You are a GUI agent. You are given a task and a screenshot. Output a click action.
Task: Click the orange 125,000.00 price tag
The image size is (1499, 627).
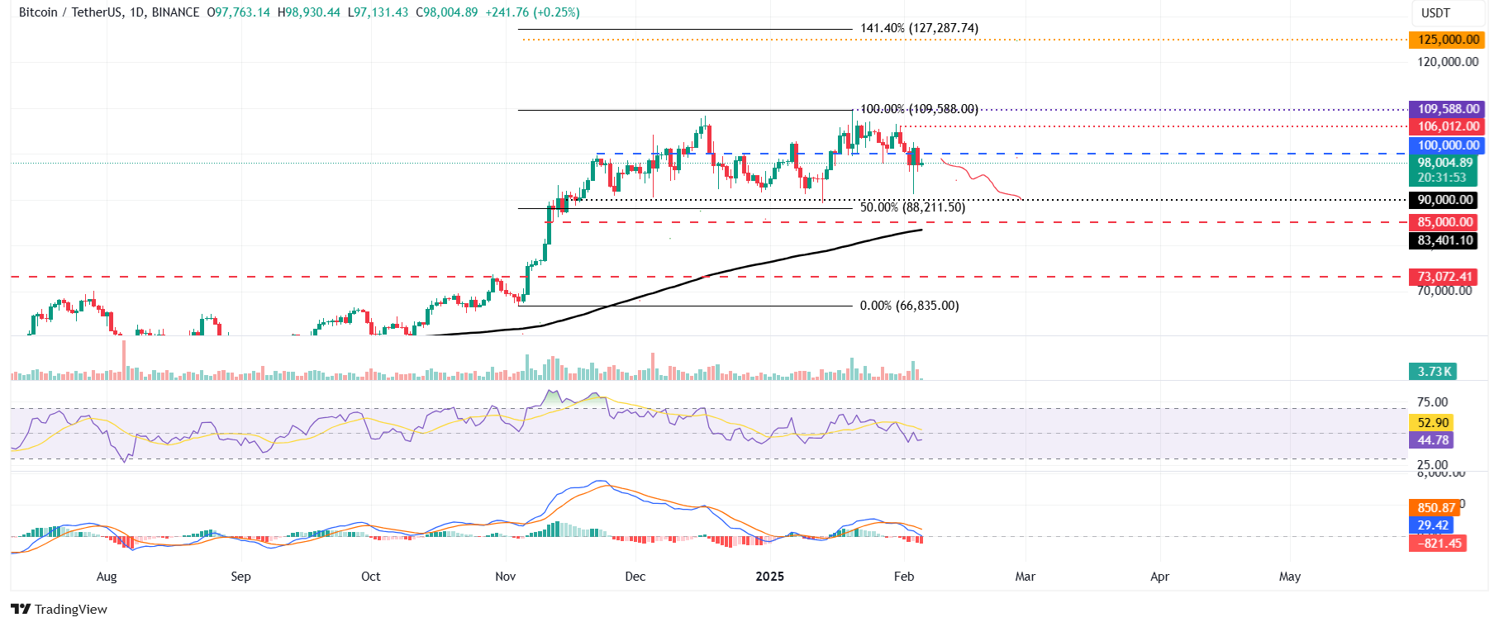point(1448,40)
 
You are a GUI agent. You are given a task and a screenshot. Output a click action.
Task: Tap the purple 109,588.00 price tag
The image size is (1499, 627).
point(1448,109)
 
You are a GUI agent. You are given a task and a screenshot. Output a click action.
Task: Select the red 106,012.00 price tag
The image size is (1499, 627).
point(1448,126)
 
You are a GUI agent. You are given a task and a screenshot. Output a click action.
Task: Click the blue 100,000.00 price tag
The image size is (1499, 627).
point(1448,145)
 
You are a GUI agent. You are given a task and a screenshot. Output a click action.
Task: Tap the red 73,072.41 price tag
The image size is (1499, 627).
point(1444,277)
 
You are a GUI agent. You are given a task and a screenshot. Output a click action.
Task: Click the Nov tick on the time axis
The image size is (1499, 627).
point(505,577)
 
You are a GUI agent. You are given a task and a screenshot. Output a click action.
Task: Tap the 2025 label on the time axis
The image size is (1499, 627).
point(769,577)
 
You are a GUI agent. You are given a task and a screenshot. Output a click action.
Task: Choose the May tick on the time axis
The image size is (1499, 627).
point(1289,577)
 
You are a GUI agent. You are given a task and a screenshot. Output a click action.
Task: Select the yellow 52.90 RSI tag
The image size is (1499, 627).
point(1433,423)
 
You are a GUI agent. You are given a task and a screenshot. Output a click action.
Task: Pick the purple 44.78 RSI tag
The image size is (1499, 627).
point(1433,440)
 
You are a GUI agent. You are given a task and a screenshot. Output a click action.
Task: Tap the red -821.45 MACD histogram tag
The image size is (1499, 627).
point(1439,543)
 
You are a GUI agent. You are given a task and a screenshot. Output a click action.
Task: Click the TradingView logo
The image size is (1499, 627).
point(59,610)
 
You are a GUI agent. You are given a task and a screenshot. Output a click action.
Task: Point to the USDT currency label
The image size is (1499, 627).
point(1435,13)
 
